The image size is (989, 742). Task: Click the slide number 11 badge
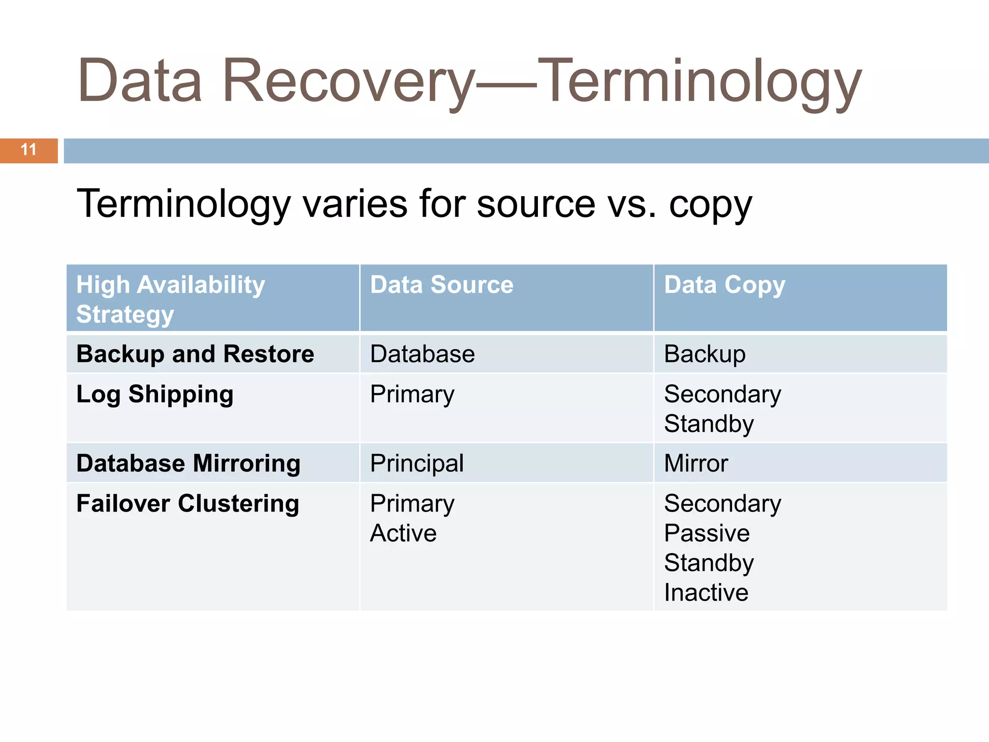coord(28,150)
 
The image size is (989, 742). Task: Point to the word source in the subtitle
coord(536,204)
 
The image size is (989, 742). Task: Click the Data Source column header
coord(441,285)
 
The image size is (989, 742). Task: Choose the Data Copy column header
coord(724,285)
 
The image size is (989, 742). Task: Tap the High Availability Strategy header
coord(170,299)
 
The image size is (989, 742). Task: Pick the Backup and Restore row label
coord(195,354)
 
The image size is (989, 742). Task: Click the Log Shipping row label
coord(155,394)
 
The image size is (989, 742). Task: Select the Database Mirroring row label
coord(188,463)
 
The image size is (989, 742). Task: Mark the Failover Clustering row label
coord(187,503)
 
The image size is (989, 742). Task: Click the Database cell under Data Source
coord(422,354)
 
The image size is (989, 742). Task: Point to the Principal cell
coord(416,463)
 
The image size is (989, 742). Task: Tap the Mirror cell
coord(695,463)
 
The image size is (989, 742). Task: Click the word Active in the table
coord(403,533)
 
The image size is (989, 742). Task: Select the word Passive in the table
coord(706,533)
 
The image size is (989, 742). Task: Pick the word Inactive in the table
coord(706,592)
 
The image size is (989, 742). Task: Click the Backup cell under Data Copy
coord(705,354)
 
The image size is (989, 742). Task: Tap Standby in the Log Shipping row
coord(708,424)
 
